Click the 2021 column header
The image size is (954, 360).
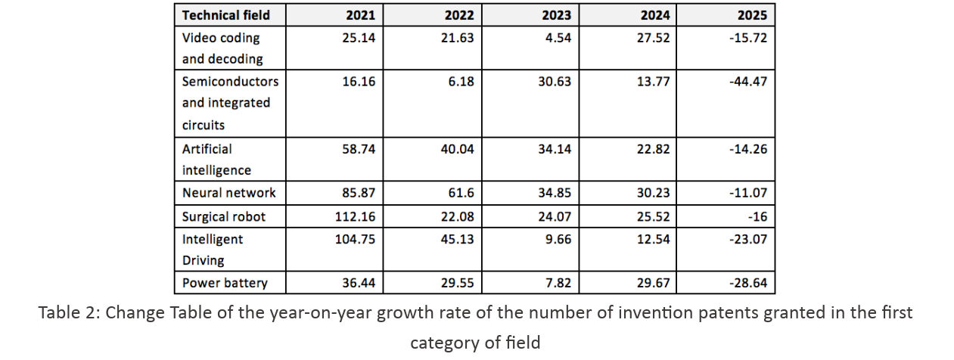click(x=360, y=15)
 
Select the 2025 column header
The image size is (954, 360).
click(x=752, y=15)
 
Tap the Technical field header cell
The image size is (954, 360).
click(x=226, y=15)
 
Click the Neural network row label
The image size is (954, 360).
click(x=229, y=193)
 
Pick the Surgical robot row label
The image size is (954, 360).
click(x=224, y=216)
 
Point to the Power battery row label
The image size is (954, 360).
click(x=225, y=283)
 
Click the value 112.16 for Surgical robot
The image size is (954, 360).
click(x=355, y=216)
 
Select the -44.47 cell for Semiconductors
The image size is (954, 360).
click(x=748, y=81)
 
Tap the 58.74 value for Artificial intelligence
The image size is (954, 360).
click(x=359, y=149)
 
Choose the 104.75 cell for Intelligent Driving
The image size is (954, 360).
click(x=355, y=239)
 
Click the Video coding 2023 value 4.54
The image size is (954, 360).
click(x=558, y=38)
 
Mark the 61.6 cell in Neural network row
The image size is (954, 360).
click(x=461, y=193)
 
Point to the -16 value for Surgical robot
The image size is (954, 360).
click(x=757, y=216)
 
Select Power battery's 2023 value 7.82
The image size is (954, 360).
click(x=558, y=283)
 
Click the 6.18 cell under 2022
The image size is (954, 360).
click(x=461, y=81)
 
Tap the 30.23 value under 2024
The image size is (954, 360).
click(x=654, y=193)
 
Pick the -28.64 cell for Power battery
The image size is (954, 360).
click(x=748, y=283)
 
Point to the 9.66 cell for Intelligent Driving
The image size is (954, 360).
click(x=558, y=239)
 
